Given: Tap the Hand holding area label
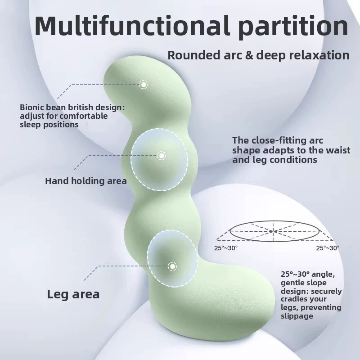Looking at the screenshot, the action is [86, 181].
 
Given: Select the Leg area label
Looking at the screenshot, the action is [73, 294].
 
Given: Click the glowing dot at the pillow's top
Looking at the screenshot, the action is [144, 85].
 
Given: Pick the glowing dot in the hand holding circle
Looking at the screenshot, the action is [162, 156].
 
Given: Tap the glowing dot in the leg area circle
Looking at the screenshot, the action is [172, 266].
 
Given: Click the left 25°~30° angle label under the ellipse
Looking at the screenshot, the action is [226, 248].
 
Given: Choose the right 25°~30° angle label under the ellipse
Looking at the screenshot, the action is [328, 248].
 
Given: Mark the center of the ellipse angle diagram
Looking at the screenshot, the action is [274, 231].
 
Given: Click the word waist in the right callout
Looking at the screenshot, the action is [339, 150].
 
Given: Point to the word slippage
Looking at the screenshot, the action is [297, 316].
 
